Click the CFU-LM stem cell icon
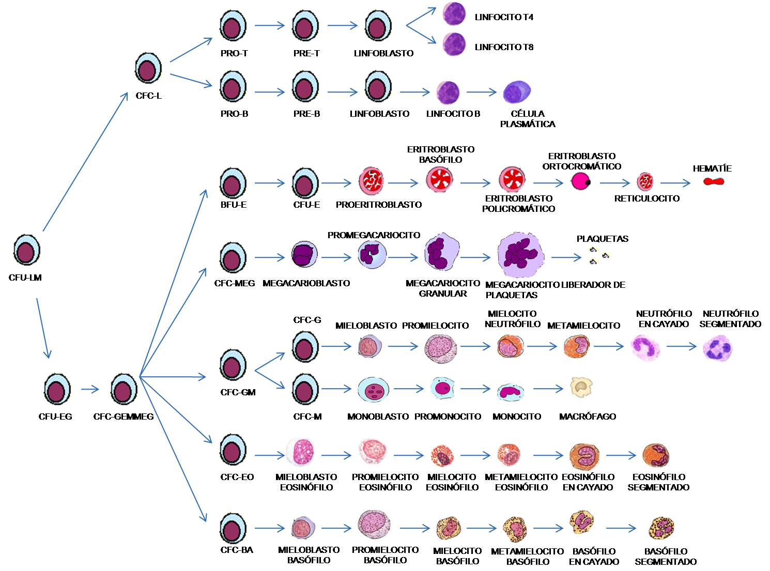[x=26, y=250]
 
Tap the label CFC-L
[x=148, y=96]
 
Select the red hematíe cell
[x=713, y=181]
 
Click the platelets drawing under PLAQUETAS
[x=599, y=255]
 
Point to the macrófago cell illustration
[x=581, y=387]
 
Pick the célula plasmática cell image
[x=517, y=92]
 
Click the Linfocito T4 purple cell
[x=455, y=14]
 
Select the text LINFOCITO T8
[x=504, y=47]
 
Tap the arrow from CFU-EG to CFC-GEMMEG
[x=90, y=389]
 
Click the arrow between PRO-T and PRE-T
[x=269, y=25]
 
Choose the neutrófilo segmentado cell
[x=718, y=347]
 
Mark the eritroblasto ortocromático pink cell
[x=581, y=181]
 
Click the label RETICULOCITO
[x=646, y=198]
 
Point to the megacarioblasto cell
[x=304, y=255]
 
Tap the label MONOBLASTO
[x=378, y=416]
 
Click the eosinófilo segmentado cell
[x=656, y=455]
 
